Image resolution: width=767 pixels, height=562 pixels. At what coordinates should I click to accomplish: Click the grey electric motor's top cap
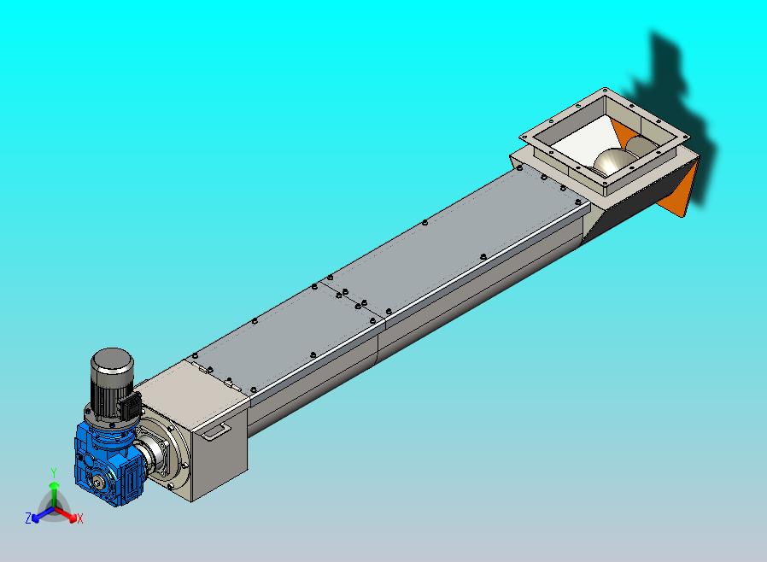click(112, 360)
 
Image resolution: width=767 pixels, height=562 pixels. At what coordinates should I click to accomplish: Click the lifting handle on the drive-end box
click(217, 431)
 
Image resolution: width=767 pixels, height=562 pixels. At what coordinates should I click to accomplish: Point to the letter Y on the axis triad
click(54, 472)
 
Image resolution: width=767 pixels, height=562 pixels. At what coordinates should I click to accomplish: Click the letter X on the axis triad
click(79, 518)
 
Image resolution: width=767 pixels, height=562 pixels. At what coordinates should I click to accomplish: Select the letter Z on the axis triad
click(28, 518)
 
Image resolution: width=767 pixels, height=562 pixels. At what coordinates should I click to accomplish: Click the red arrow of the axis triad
click(67, 514)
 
